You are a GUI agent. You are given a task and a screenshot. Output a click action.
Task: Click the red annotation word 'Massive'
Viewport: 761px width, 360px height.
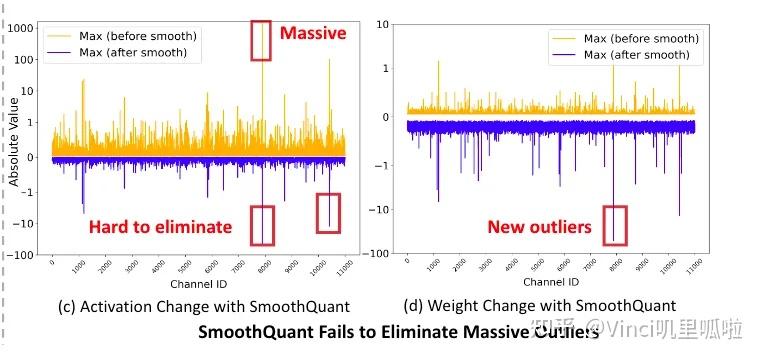[x=312, y=34]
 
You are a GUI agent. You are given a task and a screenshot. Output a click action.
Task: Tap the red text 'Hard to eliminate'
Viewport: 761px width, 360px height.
[x=160, y=228]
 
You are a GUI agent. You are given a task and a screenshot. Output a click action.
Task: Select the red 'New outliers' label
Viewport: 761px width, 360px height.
[x=539, y=228]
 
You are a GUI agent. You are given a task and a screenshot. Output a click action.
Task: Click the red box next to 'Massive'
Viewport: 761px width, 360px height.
[x=261, y=40]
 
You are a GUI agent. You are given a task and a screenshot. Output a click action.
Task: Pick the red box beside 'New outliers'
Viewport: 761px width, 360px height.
[x=616, y=225]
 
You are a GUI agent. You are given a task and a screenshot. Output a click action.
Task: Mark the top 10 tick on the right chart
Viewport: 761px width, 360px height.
[x=380, y=23]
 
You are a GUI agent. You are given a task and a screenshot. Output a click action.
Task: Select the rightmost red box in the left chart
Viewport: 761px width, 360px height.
[x=328, y=213]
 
